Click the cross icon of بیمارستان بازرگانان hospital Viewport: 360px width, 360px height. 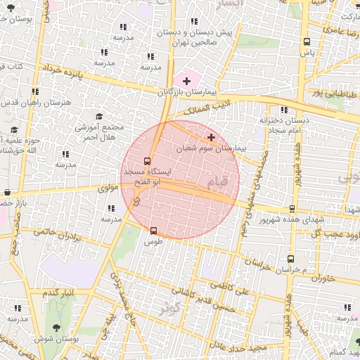click(186, 82)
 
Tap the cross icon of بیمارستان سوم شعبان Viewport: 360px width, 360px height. click(212, 136)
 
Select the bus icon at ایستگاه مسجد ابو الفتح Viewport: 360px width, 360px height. click(147, 160)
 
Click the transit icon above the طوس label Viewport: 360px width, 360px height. click(153, 230)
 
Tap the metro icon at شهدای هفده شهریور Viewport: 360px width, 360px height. click(292, 209)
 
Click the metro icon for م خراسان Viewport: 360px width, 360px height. click(291, 258)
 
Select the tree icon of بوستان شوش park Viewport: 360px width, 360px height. click(56, 327)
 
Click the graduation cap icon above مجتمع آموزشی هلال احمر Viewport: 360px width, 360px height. click(98, 117)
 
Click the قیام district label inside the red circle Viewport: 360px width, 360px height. click(219, 182)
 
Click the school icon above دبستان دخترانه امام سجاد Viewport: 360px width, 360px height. click(284, 110)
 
